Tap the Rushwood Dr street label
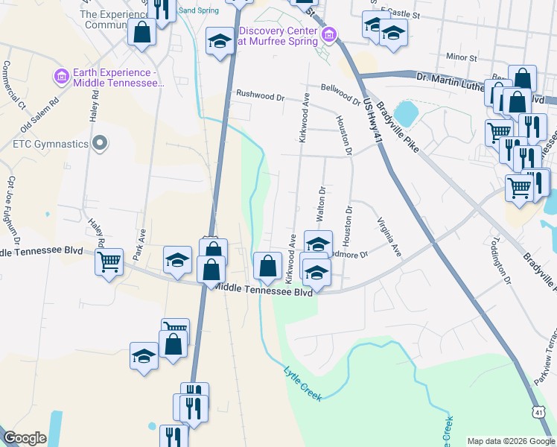pos(261,95)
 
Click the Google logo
pos(25,437)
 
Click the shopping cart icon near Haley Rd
pos(109,261)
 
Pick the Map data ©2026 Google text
pos(510,441)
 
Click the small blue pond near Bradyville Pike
pos(406,113)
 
